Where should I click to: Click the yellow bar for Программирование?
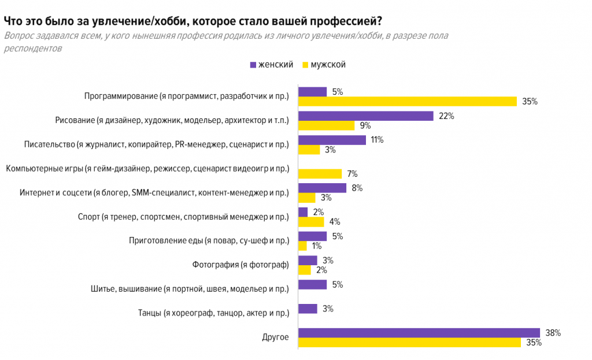pyautogui.click(x=407, y=102)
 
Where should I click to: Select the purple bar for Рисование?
pyautogui.click(x=365, y=116)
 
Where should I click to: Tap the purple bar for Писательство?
pyautogui.click(x=332, y=140)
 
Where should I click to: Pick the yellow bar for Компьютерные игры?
pyautogui.click(x=320, y=174)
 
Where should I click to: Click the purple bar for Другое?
pyautogui.click(x=419, y=333)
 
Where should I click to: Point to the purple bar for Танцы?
pyautogui.click(x=308, y=309)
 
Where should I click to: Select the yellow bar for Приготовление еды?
pyautogui.click(x=302, y=246)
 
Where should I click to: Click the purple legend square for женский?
pyautogui.click(x=252, y=65)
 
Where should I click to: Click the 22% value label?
pyautogui.click(x=446, y=116)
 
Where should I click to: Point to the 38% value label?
pyautogui.click(x=553, y=333)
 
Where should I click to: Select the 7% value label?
pyautogui.click(x=352, y=174)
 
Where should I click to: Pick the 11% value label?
pyautogui.click(x=377, y=140)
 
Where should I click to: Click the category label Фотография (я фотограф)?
pyautogui.click(x=240, y=265)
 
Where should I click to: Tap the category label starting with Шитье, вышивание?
pyautogui.click(x=190, y=289)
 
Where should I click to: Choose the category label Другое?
pyautogui.click(x=275, y=337)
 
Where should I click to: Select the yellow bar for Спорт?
pyautogui.click(x=311, y=222)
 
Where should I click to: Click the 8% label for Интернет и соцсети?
pyautogui.click(x=357, y=187)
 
